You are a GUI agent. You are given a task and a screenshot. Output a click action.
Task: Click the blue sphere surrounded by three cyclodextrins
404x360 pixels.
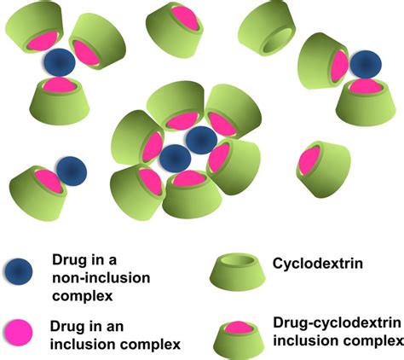click(58, 61)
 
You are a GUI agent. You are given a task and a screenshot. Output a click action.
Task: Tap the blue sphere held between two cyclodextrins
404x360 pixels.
click(366, 64)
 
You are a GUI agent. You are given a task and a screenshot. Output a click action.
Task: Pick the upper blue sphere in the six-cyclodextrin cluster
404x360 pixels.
click(201, 139)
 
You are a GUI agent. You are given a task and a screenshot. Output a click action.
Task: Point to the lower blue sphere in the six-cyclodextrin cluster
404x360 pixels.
click(175, 158)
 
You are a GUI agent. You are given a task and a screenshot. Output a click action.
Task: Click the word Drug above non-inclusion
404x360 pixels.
click(70, 260)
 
